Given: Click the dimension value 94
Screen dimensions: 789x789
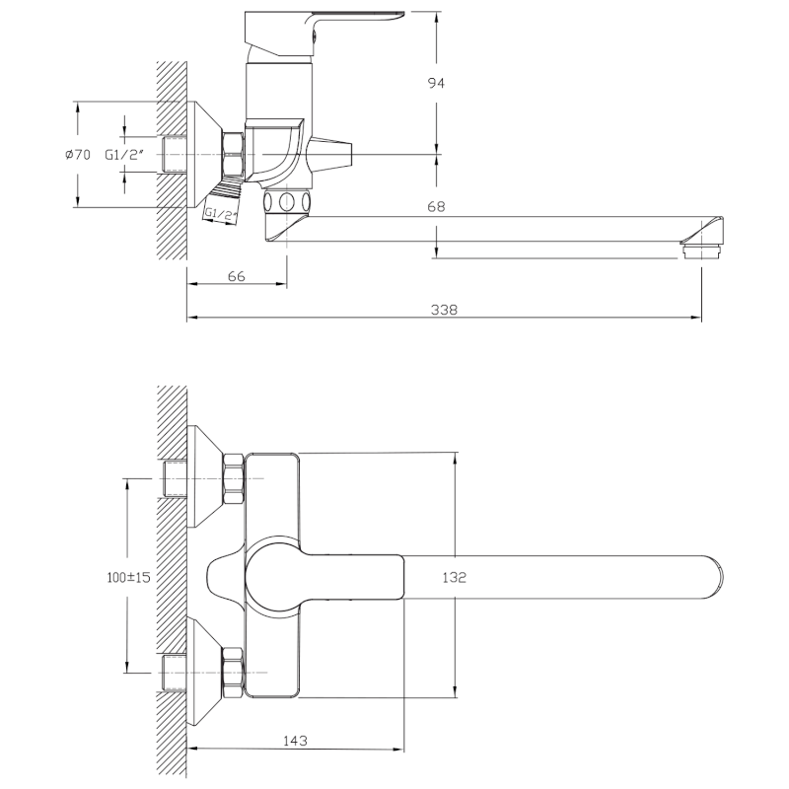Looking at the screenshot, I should point(436,84).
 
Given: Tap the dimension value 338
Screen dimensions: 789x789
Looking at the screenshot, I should point(444,309).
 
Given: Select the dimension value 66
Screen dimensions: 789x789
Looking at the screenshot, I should point(237,276).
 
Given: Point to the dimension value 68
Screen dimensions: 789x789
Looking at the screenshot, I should point(436,207).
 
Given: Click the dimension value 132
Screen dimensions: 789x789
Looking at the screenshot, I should point(454,577).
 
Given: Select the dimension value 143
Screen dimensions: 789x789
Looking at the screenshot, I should point(294,740).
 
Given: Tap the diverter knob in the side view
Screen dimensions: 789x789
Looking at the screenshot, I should point(330,154).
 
